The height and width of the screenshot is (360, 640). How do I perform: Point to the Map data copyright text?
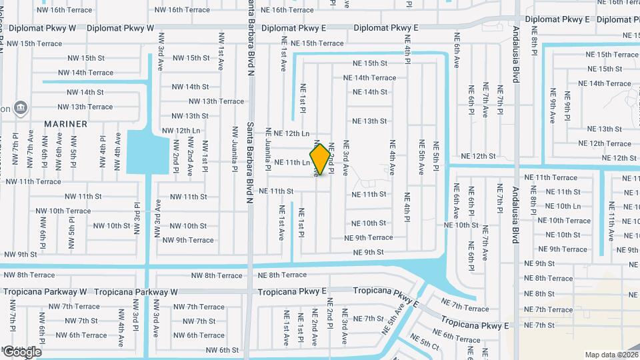point(611,355)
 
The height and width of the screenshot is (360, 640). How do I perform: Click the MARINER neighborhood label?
point(66,124)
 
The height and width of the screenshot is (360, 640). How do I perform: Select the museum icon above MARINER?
point(20,107)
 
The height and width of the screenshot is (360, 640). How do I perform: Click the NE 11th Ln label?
point(292,162)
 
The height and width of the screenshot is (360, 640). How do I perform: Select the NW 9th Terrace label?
point(188,240)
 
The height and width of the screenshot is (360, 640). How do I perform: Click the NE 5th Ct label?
point(425,343)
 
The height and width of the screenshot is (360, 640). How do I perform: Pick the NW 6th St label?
point(222,350)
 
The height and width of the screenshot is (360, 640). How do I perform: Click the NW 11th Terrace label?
point(33,181)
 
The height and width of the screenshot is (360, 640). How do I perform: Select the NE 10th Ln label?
point(563,206)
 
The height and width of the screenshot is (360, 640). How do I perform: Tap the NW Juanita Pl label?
point(235,150)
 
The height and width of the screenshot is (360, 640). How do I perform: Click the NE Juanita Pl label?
point(268,150)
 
